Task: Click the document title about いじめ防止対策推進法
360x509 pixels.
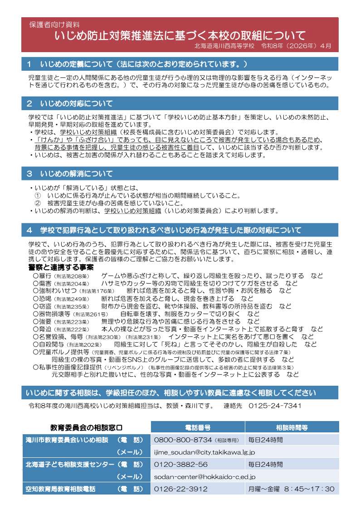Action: click(x=180, y=35)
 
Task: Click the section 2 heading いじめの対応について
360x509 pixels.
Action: click(x=76, y=104)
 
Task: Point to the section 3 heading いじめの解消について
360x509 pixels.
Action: click(x=76, y=174)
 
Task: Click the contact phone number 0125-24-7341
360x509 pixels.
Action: click(x=275, y=406)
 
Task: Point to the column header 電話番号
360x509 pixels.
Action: click(x=197, y=427)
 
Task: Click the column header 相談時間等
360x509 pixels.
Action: click(x=292, y=427)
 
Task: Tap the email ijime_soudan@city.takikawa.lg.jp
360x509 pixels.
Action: click(x=204, y=452)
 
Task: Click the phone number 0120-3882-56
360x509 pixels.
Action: click(x=181, y=464)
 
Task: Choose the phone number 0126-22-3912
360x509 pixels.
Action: click(x=181, y=489)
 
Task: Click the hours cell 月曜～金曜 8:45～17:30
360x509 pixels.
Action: click(x=291, y=489)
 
